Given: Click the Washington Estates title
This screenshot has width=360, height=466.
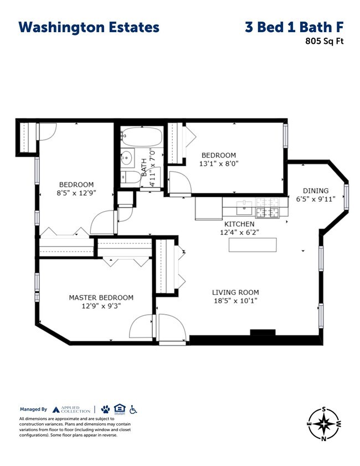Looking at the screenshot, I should pyautogui.click(x=89, y=28).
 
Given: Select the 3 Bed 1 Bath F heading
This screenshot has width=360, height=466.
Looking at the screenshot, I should pyautogui.click(x=294, y=28).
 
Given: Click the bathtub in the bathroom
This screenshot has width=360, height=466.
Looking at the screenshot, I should pyautogui.click(x=141, y=136).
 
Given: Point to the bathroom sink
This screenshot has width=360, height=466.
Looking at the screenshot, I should pyautogui.click(x=126, y=158).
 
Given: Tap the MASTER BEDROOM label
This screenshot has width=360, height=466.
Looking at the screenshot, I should pyautogui.click(x=101, y=298).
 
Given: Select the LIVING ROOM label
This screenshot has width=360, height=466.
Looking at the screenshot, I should pyautogui.click(x=235, y=293).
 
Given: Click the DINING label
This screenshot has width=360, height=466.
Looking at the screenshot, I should pyautogui.click(x=315, y=191).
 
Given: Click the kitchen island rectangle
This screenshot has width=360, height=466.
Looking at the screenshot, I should pyautogui.click(x=253, y=245).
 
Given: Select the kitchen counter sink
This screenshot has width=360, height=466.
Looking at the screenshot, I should pyautogui.click(x=244, y=208).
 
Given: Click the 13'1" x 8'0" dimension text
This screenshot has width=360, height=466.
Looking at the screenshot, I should pyautogui.click(x=218, y=163).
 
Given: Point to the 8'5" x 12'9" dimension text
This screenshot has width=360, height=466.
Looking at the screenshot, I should pyautogui.click(x=76, y=193).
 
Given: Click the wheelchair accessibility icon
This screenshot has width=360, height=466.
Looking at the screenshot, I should pyautogui.click(x=133, y=409).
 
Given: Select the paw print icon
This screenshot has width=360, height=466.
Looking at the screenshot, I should pyautogui.click(x=105, y=409).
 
